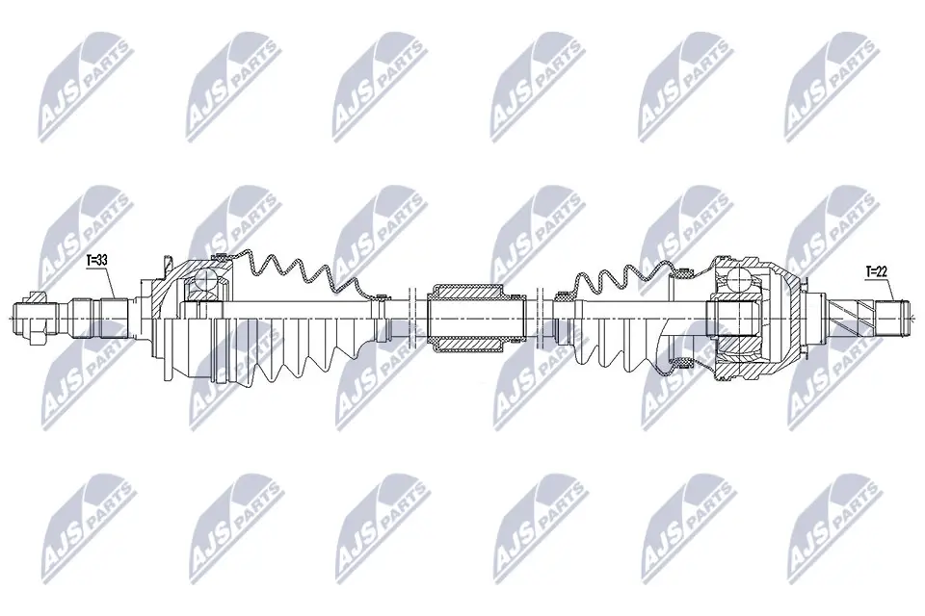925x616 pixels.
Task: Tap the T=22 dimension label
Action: tap(876, 272)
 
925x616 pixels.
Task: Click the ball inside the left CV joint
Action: tap(203, 282)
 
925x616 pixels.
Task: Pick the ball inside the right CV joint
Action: tap(737, 280)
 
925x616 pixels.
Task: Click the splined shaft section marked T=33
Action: tap(114, 314)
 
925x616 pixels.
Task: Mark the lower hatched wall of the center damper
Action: tap(465, 342)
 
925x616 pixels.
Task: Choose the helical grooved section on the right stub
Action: tap(852, 314)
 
